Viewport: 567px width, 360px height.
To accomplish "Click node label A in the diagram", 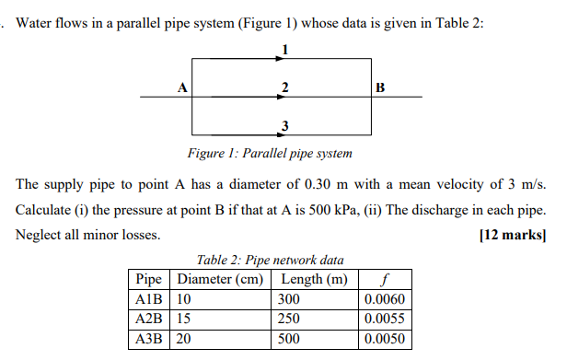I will tap(181, 88).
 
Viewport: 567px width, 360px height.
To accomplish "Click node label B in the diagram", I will tap(381, 88).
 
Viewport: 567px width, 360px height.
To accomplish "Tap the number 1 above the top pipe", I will tap(285, 49).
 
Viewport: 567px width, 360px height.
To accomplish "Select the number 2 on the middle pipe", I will tap(286, 87).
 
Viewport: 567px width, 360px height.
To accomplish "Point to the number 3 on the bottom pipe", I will tap(285, 125).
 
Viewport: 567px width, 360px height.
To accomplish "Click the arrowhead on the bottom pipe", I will tap(280, 134).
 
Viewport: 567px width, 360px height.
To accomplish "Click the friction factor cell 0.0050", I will tap(384, 339).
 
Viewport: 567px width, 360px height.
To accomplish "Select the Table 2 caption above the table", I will tap(270, 261).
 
